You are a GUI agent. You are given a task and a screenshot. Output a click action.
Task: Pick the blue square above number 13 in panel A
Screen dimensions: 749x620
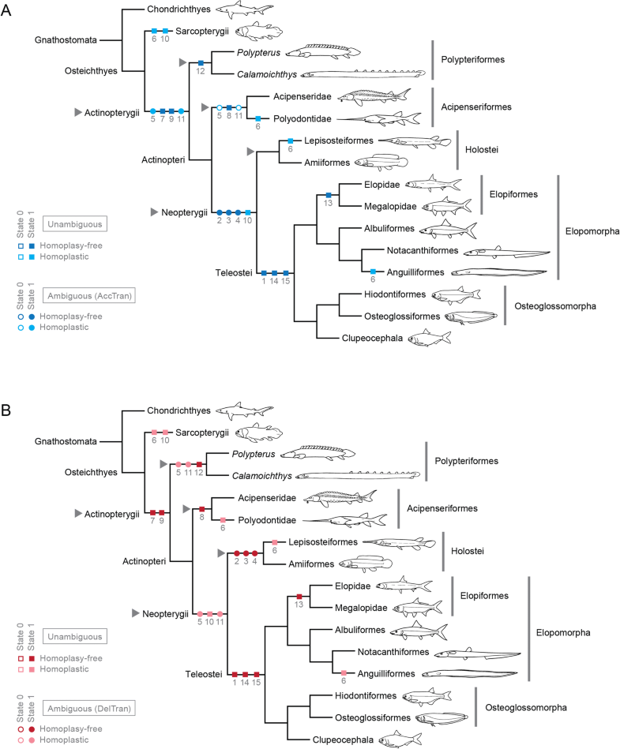[x=329, y=195]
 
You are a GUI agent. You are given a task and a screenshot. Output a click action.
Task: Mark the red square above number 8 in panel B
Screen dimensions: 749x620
[x=202, y=509]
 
